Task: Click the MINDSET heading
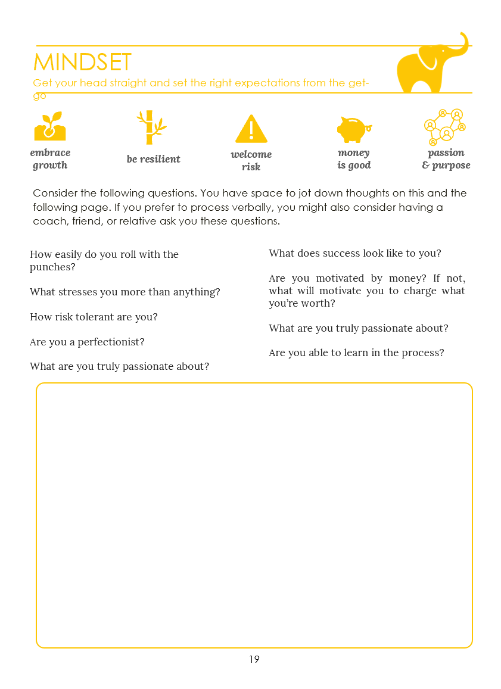(x=82, y=63)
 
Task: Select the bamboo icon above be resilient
(x=151, y=127)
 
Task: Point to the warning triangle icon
(x=251, y=129)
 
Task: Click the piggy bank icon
(x=353, y=128)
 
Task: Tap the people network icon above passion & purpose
(x=445, y=127)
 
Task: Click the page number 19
(x=254, y=659)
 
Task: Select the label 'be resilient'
(x=153, y=159)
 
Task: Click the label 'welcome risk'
(x=251, y=160)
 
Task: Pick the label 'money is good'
(x=354, y=159)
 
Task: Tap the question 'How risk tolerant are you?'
(x=94, y=317)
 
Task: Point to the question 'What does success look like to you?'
(x=354, y=253)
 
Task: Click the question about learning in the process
(x=356, y=353)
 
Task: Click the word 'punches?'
(x=52, y=267)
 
